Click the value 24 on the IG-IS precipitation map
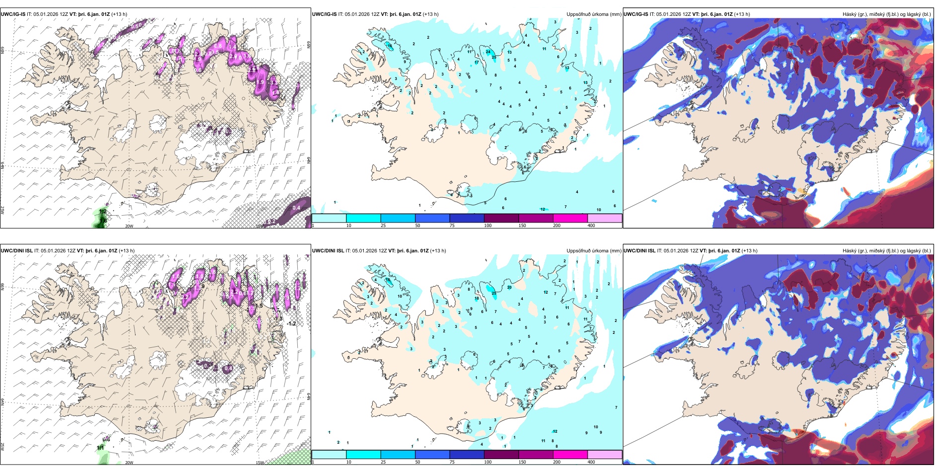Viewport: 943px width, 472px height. pyautogui.click(x=488, y=52)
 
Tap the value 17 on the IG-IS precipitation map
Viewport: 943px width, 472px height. pyautogui.click(x=477, y=63)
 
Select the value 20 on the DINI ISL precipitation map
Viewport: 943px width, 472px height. pyautogui.click(x=509, y=288)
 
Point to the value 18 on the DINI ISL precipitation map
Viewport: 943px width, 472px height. pyautogui.click(x=477, y=299)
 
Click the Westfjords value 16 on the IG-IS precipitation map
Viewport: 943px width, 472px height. pyautogui.click(x=390, y=46)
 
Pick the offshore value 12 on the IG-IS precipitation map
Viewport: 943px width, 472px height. pyautogui.click(x=543, y=210)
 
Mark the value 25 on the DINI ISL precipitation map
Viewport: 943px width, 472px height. pyautogui.click(x=494, y=294)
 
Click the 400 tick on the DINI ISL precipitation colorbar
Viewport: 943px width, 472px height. pyautogui.click(x=591, y=462)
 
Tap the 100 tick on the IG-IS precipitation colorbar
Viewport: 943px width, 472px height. pyautogui.click(x=488, y=226)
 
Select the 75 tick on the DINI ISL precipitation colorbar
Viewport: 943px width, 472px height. pyautogui.click(x=452, y=462)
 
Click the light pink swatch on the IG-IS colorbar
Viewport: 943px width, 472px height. pyautogui.click(x=605, y=218)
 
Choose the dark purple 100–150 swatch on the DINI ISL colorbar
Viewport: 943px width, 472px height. pyautogui.click(x=501, y=455)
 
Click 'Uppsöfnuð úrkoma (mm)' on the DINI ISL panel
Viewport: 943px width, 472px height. pyautogui.click(x=594, y=251)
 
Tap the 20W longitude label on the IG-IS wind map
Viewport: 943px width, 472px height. pyautogui.click(x=129, y=226)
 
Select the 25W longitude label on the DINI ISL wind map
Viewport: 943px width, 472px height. pyautogui.click(x=2, y=447)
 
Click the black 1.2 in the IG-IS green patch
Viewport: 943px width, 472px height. pyautogui.click(x=103, y=212)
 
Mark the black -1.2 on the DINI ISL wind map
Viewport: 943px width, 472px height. pyautogui.click(x=291, y=323)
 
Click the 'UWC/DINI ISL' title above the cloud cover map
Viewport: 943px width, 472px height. pyautogui.click(x=640, y=251)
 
